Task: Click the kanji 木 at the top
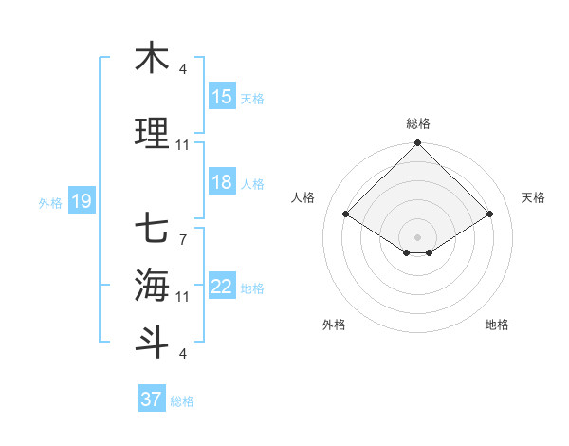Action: click(x=152, y=58)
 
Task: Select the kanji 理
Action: click(x=152, y=134)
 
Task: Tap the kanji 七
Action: click(x=152, y=229)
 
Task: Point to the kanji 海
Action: click(x=152, y=283)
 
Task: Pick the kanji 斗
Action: click(x=152, y=341)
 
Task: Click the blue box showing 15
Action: click(x=222, y=97)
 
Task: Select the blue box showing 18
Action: click(x=222, y=183)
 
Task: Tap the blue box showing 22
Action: click(x=222, y=288)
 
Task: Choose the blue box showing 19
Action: click(x=81, y=201)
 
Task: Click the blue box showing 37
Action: click(x=152, y=400)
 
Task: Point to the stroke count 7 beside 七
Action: click(x=183, y=239)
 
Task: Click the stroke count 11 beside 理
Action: click(x=183, y=145)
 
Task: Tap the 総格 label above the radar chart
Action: click(x=418, y=123)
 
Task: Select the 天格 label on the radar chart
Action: click(x=534, y=197)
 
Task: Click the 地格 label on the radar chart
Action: click(x=497, y=325)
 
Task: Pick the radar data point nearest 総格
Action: click(x=418, y=144)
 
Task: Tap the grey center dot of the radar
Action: click(x=418, y=236)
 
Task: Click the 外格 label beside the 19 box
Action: click(x=49, y=202)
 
